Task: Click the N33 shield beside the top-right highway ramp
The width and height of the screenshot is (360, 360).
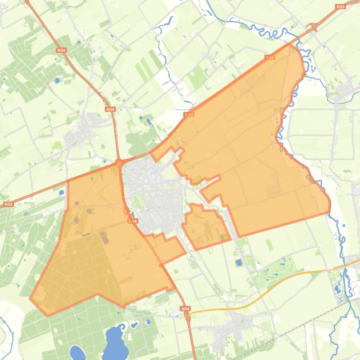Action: pyautogui.click(x=340, y=7)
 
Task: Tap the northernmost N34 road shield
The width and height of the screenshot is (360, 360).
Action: pyautogui.click(x=61, y=50)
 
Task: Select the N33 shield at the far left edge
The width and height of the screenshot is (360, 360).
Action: pyautogui.click(x=8, y=204)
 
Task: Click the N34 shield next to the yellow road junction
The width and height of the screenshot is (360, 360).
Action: pyautogui.click(x=186, y=309)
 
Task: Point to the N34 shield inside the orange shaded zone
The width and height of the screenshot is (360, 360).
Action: pyautogui.click(x=133, y=221)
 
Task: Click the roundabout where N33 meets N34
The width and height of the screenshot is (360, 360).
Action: pyautogui.click(x=119, y=163)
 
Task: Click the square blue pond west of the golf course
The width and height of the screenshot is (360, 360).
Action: pyautogui.click(x=239, y=262)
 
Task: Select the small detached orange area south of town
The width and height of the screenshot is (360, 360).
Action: pyautogui.click(x=206, y=227)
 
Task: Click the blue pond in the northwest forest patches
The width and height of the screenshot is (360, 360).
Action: pyautogui.click(x=58, y=80)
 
